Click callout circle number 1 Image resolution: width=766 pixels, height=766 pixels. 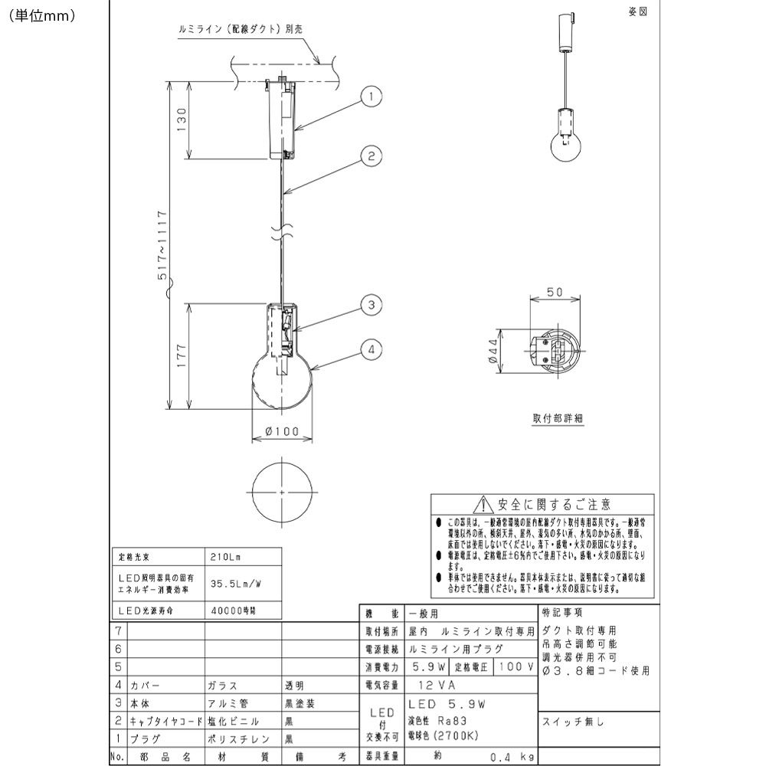[370, 97]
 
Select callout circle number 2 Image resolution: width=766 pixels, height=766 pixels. [370, 157]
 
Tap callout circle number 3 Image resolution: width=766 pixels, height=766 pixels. [370, 306]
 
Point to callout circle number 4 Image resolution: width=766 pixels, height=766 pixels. [370, 350]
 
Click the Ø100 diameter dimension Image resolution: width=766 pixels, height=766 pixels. [281, 431]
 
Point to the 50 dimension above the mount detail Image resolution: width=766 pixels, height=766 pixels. [556, 292]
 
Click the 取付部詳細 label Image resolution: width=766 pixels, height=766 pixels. [558, 419]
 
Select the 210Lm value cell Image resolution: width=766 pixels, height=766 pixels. [224, 557]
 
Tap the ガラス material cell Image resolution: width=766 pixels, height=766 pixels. [223, 686]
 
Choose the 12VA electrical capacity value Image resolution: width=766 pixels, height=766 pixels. [435, 686]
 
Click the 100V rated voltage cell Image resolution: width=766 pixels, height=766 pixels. [515, 667]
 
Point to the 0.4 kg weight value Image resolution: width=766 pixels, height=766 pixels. [506, 756]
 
